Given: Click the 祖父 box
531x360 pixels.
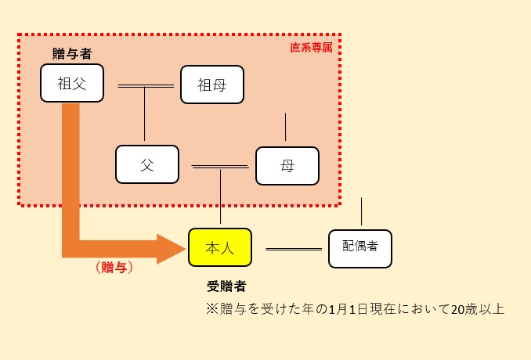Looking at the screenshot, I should (71, 83).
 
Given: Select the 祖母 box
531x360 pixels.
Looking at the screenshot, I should (212, 85).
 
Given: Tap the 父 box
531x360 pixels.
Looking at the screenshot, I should (147, 165).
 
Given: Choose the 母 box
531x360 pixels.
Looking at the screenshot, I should (287, 165).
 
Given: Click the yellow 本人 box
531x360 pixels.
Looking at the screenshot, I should (220, 247).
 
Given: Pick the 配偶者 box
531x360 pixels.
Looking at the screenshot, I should (360, 247).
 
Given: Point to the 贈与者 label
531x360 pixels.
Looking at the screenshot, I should (71, 53).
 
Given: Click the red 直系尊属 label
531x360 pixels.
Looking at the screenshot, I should (311, 47).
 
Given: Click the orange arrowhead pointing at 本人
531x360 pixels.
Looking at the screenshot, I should (171, 248).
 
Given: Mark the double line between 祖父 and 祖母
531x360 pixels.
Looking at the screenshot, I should (146, 85).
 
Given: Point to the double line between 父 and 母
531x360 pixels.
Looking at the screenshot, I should (220, 166).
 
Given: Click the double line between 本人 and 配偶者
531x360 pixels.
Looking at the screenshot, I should (294, 248).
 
